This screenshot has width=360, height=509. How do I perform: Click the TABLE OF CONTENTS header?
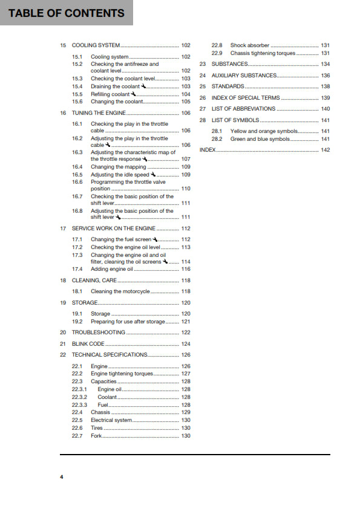67,13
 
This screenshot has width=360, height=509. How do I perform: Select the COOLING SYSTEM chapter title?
96,45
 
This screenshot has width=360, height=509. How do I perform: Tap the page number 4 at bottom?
61,477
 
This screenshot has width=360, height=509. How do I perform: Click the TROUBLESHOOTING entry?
99,332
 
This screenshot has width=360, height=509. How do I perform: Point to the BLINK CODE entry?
88,344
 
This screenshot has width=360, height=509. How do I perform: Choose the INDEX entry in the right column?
208,149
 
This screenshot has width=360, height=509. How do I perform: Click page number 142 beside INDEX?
325,149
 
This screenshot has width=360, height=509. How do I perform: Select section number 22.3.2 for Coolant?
79,398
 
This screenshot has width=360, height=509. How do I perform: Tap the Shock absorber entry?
249,45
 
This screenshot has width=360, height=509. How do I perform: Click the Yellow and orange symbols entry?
265,131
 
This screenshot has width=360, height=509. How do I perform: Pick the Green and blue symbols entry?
260,139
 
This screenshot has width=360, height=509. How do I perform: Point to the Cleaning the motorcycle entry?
120,291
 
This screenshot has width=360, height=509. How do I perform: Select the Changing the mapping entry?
118,167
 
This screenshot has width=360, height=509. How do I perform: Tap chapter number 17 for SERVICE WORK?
63,229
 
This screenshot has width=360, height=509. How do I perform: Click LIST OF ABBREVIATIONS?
243,109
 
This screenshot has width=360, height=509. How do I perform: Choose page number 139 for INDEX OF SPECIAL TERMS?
325,98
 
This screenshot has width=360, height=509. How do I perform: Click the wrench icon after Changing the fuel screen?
155,239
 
